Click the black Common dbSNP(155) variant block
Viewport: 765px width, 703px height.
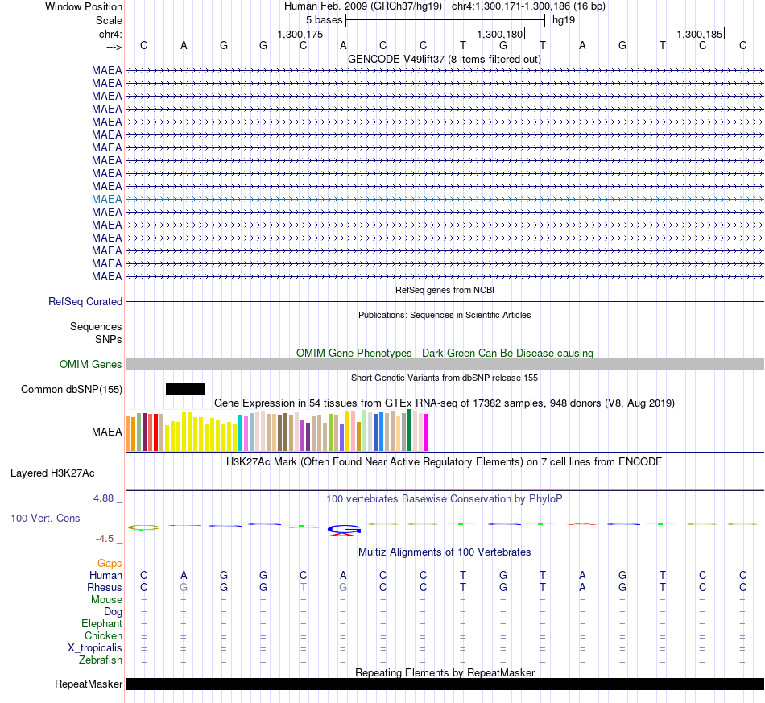pyautogui.click(x=185, y=389)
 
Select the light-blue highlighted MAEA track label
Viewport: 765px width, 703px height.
pyautogui.click(x=107, y=199)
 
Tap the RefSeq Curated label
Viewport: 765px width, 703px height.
pyautogui.click(x=85, y=301)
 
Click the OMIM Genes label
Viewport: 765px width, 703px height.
pyautogui.click(x=91, y=365)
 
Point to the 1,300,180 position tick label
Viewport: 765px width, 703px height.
pyautogui.click(x=499, y=34)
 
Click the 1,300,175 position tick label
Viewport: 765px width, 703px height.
pyautogui.click(x=300, y=34)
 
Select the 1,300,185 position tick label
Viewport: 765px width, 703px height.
pyautogui.click(x=699, y=34)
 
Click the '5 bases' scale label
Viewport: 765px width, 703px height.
pyautogui.click(x=324, y=20)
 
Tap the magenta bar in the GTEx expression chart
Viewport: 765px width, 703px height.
pyautogui.click(x=427, y=432)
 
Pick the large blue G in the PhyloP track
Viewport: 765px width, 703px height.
pyautogui.click(x=344, y=529)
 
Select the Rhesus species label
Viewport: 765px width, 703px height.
pyautogui.click(x=105, y=587)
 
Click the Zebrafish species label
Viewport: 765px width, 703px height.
pyautogui.click(x=101, y=660)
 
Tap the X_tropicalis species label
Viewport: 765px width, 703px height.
pyautogui.click(x=95, y=648)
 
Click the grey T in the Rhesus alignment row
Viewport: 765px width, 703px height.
pyautogui.click(x=304, y=587)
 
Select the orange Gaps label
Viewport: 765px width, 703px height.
pyautogui.click(x=110, y=564)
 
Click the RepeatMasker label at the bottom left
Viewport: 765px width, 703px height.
pyautogui.click(x=89, y=684)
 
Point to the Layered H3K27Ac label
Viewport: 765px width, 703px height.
pyautogui.click(x=52, y=473)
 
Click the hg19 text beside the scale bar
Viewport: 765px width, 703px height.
pyautogui.click(x=564, y=20)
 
